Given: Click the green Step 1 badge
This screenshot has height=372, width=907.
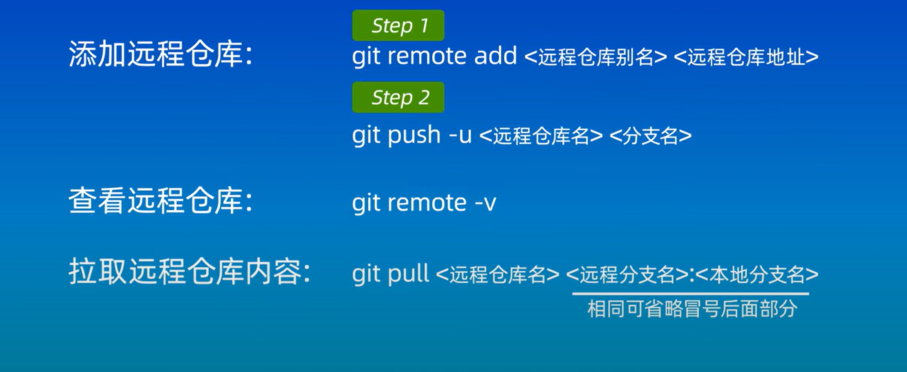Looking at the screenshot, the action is [398, 25].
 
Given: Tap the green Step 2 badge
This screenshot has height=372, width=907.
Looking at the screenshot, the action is [398, 97].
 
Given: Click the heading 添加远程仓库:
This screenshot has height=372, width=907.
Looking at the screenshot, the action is [160, 54].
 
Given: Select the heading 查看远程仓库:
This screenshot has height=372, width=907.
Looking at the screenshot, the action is [160, 201].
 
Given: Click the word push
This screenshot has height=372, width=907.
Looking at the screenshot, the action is [414, 135].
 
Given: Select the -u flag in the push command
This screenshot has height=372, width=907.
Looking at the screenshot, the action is [461, 135].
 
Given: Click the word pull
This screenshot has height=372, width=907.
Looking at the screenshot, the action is [408, 274].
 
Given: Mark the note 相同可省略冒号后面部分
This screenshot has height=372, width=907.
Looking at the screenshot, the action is [692, 309].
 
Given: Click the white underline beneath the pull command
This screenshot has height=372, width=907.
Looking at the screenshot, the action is [690, 293].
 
